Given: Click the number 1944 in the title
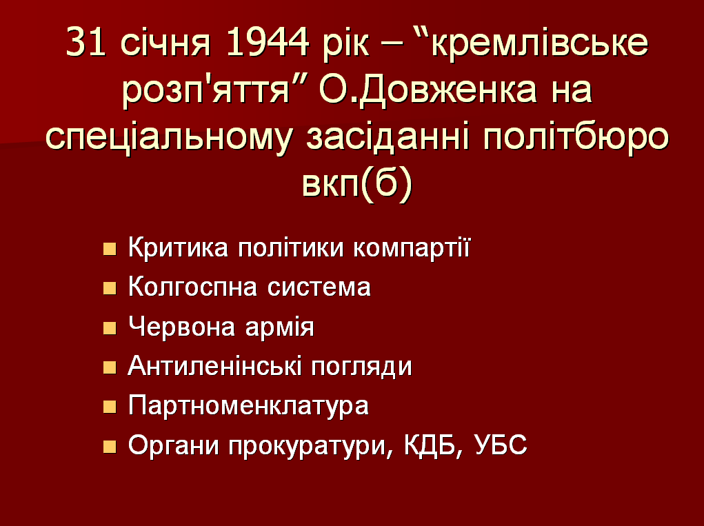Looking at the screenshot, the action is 268,42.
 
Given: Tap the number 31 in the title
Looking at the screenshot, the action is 86,42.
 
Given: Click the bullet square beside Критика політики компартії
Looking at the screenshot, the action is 110,249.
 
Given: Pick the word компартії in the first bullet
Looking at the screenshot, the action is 411,247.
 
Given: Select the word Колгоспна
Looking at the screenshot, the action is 192,287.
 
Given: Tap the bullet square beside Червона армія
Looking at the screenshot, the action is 110,328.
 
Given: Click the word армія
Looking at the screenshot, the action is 279,328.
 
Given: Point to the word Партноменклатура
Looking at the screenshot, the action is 248,407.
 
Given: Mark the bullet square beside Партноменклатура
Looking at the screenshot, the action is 110,407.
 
